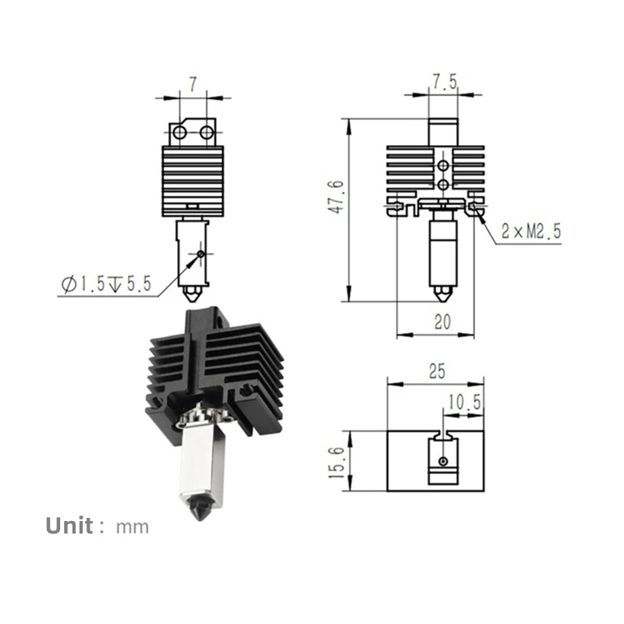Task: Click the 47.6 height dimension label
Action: click(x=336, y=197)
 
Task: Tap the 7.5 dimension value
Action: click(x=445, y=82)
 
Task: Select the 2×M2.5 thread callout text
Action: click(x=531, y=231)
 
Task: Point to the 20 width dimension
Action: click(x=442, y=322)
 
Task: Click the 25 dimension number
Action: click(x=437, y=371)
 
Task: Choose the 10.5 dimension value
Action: click(x=464, y=402)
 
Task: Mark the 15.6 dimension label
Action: click(x=336, y=463)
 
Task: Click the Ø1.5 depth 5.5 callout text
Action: click(x=107, y=284)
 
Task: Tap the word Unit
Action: click(x=69, y=526)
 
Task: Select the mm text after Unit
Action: click(x=133, y=528)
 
